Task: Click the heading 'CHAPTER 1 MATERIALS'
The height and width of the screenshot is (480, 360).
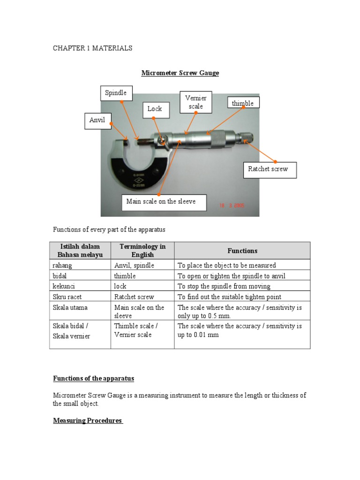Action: coord(92,48)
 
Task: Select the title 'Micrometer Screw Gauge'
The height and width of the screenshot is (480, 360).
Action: coord(180,73)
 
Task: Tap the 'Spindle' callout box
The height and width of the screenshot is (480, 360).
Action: coord(116,93)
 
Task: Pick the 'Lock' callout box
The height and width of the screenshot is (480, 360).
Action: coord(155,109)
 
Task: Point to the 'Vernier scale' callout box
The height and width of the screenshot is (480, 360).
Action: coord(195,102)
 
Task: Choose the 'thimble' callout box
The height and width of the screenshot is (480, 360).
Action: coord(243,103)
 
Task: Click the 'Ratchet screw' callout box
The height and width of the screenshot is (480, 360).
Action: coord(270,169)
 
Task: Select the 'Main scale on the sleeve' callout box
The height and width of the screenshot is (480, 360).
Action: coord(160,202)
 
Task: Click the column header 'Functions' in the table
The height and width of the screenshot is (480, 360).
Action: coord(242,251)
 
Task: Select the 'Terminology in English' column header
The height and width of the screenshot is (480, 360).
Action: coord(142,251)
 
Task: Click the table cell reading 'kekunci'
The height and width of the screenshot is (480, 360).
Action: coord(63,286)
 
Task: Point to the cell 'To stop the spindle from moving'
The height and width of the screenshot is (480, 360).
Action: coord(224,286)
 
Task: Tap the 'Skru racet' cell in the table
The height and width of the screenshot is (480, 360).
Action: coord(66,297)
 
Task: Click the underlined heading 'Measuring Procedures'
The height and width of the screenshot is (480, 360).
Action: coord(88,420)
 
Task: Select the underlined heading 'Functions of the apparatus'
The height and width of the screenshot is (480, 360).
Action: coord(93,378)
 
